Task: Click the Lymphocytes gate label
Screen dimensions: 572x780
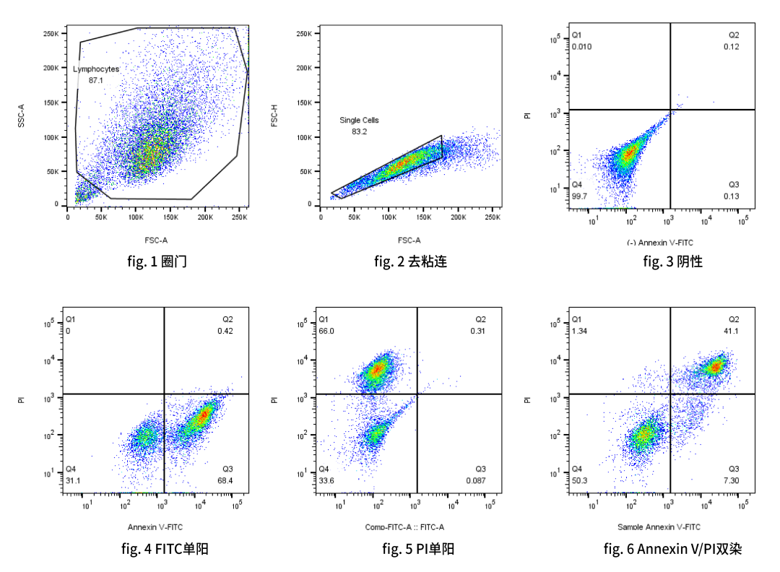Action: click(95, 69)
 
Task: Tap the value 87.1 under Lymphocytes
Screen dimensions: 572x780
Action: click(96, 80)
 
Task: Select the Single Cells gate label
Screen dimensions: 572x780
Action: click(359, 121)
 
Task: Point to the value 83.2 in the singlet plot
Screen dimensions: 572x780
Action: click(359, 132)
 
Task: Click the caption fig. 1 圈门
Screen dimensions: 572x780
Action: click(157, 261)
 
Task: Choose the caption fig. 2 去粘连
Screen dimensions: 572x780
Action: click(410, 261)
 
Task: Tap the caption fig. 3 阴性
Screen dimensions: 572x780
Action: click(672, 261)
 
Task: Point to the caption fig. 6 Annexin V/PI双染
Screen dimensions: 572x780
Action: click(672, 549)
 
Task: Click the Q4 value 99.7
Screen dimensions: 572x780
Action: click(578, 196)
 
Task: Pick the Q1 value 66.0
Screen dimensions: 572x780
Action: click(326, 331)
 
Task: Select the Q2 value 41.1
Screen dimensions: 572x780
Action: click(732, 331)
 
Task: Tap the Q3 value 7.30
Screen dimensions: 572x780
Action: click(732, 480)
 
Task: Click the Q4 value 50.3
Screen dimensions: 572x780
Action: click(579, 480)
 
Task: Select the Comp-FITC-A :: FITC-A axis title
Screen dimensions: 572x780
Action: click(404, 527)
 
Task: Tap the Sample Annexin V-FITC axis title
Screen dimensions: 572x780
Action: click(659, 527)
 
